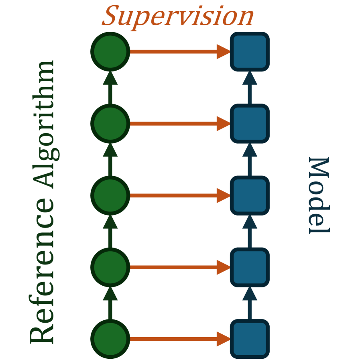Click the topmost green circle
click(x=110, y=52)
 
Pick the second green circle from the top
click(x=110, y=124)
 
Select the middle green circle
click(x=110, y=196)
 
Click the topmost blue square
click(x=249, y=52)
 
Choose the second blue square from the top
click(x=249, y=124)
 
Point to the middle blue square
click(x=249, y=196)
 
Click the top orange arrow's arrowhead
click(x=223, y=52)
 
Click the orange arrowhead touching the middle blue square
click(x=223, y=196)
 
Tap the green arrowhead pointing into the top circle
click(x=110, y=78)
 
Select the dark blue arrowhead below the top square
click(x=249, y=78)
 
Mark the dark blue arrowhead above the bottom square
click(x=249, y=293)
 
